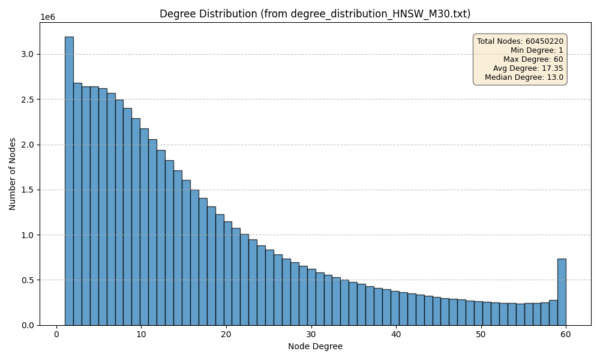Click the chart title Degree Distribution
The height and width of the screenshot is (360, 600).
point(315,14)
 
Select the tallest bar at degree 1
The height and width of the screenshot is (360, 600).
point(69,180)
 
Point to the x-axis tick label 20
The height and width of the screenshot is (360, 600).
point(226,334)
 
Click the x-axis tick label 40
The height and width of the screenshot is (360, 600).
point(396,334)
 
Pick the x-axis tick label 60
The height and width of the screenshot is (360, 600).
point(566,334)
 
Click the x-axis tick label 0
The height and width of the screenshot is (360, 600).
point(56,334)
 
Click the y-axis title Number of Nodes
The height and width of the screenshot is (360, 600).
point(13,174)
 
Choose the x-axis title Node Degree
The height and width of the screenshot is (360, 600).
point(315,346)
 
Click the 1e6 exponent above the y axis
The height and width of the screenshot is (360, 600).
point(47,17)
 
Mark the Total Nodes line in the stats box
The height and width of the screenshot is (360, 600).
point(520,41)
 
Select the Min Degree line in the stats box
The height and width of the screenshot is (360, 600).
point(537,50)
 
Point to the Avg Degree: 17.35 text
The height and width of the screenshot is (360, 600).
point(528,68)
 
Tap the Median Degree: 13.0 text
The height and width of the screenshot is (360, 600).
point(524,77)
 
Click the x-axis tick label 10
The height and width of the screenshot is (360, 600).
point(141,334)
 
